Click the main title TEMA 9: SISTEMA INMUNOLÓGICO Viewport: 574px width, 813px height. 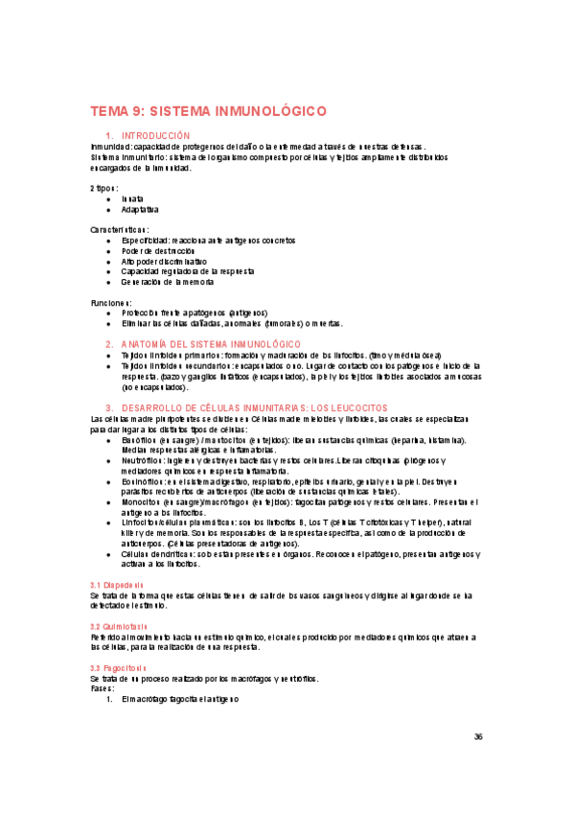209,110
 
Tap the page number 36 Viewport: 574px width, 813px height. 478,736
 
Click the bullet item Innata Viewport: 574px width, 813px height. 132,198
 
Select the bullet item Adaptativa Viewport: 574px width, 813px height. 140,209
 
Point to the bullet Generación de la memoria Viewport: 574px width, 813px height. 168,282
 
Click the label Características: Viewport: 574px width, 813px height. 120,230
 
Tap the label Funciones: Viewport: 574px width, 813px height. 110,303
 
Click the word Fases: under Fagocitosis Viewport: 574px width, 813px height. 102,688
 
